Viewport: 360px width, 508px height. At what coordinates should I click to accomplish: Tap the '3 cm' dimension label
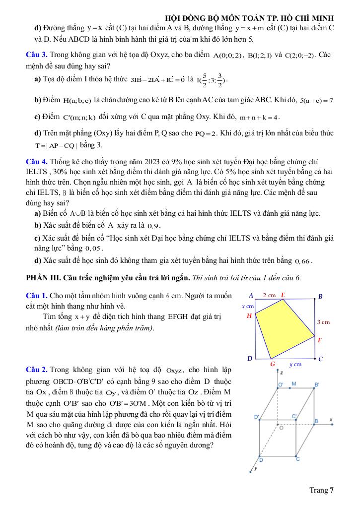(323, 322)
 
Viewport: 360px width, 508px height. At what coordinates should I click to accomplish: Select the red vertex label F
(320, 340)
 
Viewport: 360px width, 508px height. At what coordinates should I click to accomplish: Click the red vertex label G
(272, 364)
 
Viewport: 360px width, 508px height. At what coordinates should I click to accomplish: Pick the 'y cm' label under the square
(295, 364)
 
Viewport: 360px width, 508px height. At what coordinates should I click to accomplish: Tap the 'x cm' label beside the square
(247, 306)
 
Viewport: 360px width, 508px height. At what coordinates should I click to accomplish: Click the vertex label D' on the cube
(257, 417)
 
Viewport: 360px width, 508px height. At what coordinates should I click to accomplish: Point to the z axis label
(282, 372)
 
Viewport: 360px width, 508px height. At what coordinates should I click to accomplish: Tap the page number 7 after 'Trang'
(331, 491)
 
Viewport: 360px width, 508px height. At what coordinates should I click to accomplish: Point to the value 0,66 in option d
(302, 261)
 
